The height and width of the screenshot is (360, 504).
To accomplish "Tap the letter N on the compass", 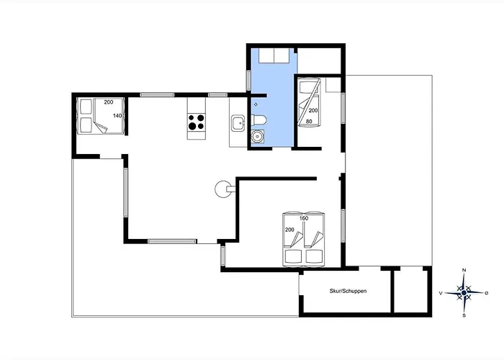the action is tap(464, 270).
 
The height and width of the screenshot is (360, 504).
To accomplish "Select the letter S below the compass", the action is tap(464, 315).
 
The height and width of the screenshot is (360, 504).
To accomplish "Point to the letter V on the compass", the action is tap(441, 293).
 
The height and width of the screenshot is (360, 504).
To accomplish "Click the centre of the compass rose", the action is tap(464, 293).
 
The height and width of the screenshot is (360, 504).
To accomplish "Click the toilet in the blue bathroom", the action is tap(258, 120).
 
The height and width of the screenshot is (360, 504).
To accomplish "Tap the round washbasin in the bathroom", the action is tap(257, 137).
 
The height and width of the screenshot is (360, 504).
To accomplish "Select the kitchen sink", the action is tap(238, 124).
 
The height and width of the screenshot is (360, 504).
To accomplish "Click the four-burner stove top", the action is tap(196, 122).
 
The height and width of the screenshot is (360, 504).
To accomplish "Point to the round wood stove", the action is tap(222, 189).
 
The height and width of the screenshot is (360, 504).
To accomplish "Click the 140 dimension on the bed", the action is tap(117, 116).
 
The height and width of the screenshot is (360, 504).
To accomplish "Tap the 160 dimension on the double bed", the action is tap(304, 218).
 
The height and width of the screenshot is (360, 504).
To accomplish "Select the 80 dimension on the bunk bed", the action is tap(309, 121).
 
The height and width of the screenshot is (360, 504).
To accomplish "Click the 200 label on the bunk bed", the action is tap(313, 110).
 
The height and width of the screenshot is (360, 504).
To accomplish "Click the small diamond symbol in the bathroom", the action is tap(256, 104).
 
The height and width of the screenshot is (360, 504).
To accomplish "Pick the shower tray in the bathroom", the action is tap(274, 55).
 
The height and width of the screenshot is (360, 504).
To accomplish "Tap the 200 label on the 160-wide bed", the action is tap(289, 230).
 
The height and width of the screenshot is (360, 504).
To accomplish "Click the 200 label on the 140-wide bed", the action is tap(109, 102).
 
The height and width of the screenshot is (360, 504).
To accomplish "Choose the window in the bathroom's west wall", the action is tap(248, 80).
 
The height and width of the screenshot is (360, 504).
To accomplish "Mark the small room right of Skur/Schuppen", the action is tap(411, 291).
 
